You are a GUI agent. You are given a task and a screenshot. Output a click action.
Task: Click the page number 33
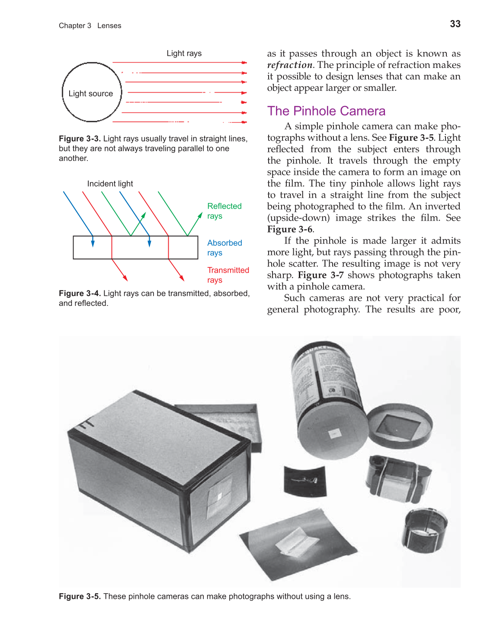(455, 24)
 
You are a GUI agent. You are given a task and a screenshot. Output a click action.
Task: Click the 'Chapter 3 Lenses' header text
(90, 26)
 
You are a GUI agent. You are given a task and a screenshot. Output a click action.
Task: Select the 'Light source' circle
(92, 93)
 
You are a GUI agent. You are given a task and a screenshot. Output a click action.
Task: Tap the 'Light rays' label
(184, 53)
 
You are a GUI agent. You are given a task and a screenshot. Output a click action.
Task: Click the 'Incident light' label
(110, 183)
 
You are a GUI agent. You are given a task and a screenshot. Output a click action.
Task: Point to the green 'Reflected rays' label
(224, 211)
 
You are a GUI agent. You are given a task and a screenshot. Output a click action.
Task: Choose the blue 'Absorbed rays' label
(224, 248)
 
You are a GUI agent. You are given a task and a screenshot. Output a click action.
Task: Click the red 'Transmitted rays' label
(228, 275)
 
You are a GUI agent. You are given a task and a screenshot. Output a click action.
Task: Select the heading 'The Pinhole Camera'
(326, 111)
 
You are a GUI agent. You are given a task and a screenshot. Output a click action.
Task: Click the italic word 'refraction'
(289, 65)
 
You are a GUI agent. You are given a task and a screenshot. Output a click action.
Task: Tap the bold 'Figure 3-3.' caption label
(80, 138)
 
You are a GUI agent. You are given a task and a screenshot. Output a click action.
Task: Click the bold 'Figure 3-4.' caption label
(80, 293)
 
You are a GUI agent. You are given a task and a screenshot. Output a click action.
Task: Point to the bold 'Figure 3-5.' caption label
(80, 596)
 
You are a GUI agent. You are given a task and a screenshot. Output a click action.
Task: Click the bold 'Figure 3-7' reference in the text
(321, 275)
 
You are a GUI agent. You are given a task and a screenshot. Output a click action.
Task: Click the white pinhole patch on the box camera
(220, 495)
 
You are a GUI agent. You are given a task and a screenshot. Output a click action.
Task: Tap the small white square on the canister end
(334, 434)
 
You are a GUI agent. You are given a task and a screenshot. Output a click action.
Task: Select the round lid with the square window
(399, 425)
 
